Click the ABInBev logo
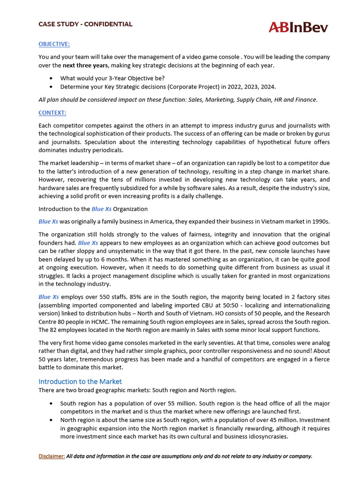[x=298, y=28]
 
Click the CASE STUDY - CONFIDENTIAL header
[x=85, y=24]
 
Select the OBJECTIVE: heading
[x=54, y=44]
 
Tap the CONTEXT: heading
[x=52, y=113]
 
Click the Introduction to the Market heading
[x=80, y=382]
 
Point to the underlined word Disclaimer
[x=52, y=456]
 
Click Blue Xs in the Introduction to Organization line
[x=101, y=209]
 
